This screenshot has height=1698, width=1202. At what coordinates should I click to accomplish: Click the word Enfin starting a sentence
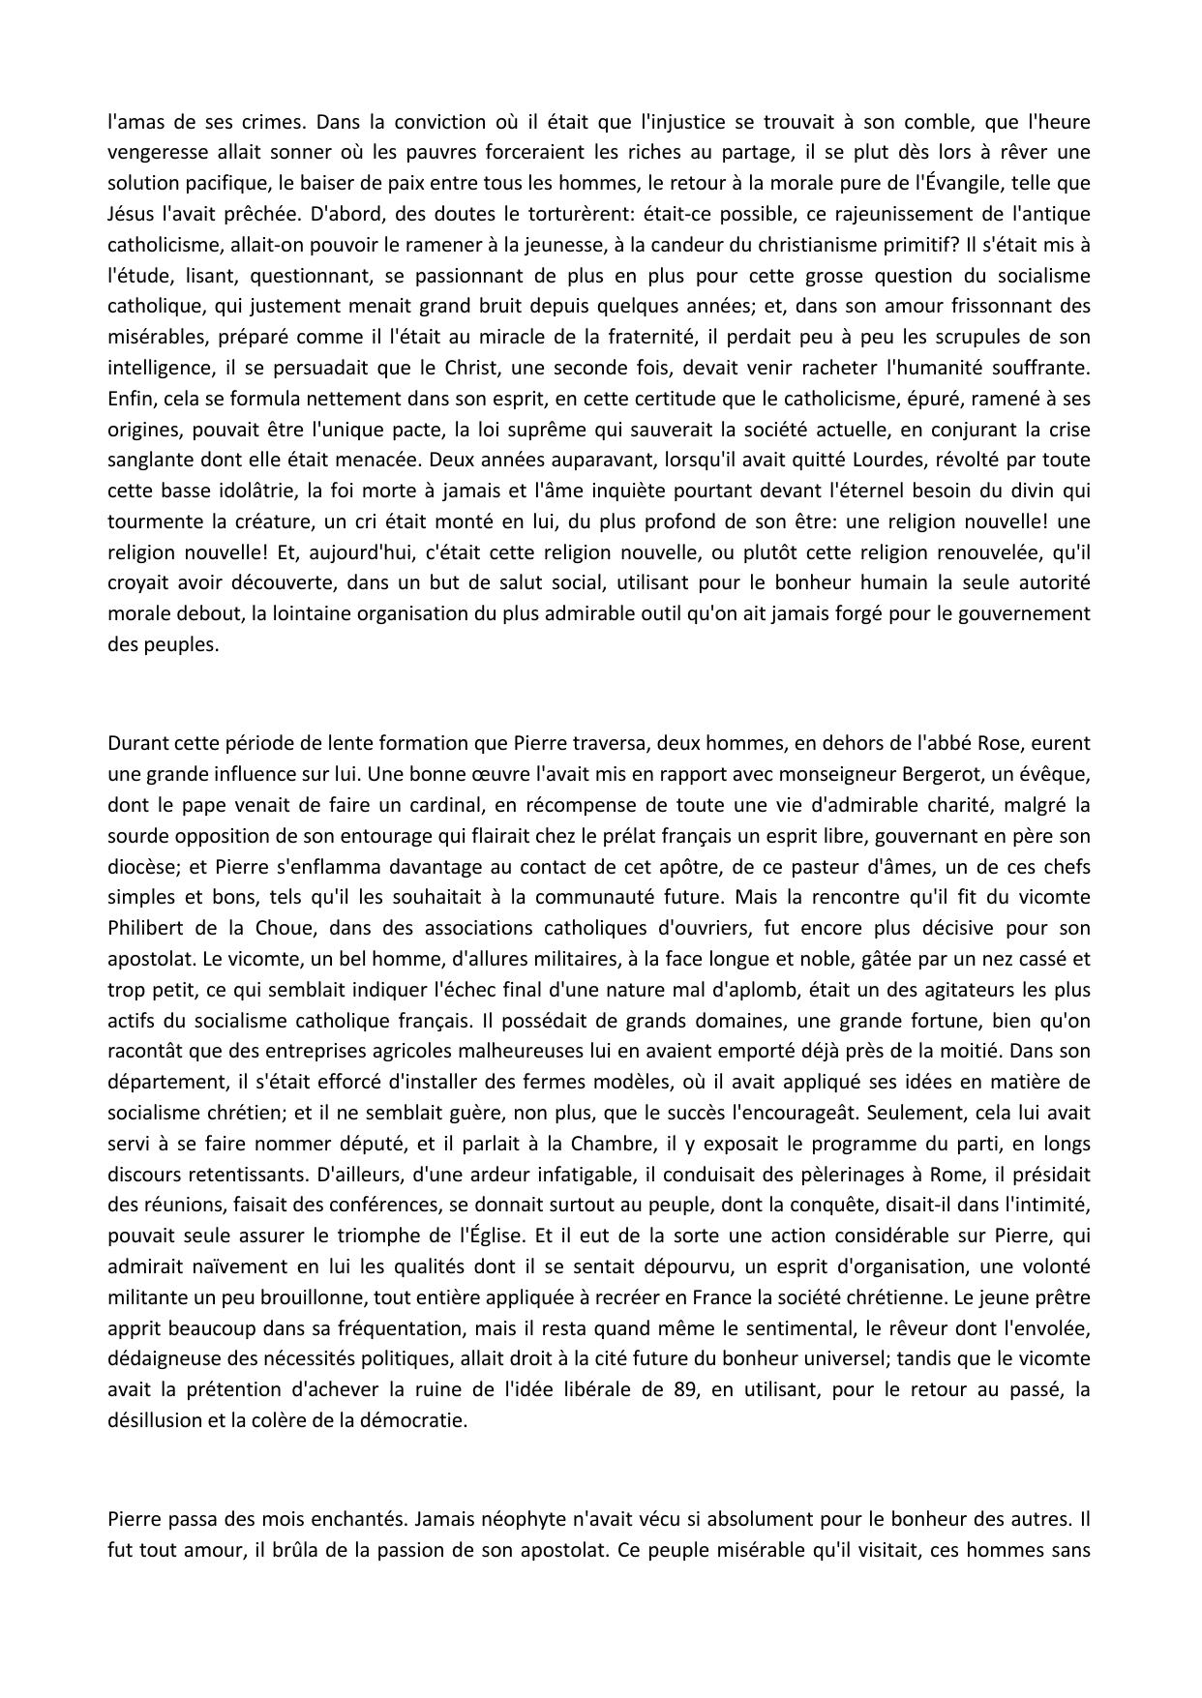(131, 399)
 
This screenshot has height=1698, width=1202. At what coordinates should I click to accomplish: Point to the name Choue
(288, 928)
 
